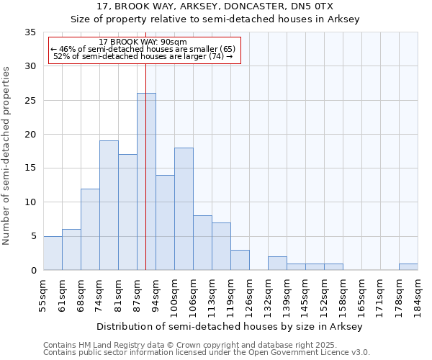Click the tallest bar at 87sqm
(x=146, y=181)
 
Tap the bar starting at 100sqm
(x=184, y=209)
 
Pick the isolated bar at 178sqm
(x=408, y=266)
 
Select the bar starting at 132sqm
(x=277, y=263)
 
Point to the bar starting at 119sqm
(x=240, y=260)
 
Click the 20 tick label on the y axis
(x=30, y=135)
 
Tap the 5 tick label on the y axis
(x=32, y=237)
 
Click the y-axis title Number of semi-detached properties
(x=7, y=156)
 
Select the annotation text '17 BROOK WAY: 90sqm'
(x=143, y=42)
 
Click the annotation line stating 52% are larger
(x=143, y=57)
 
